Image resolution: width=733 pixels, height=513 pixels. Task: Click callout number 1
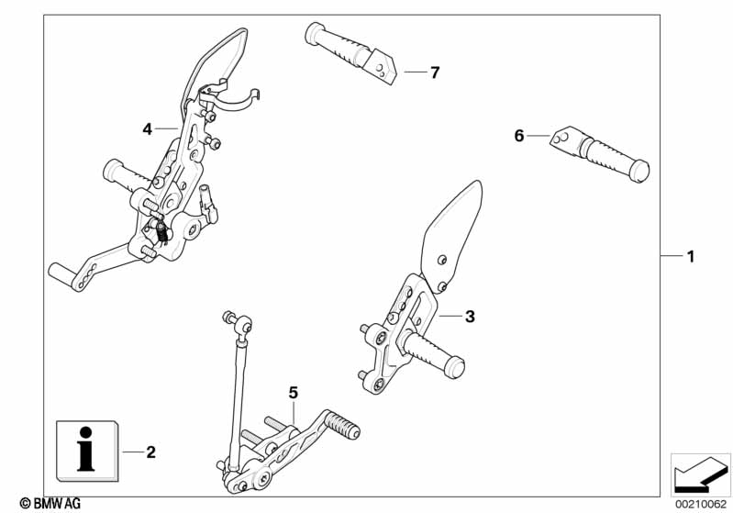[x=691, y=256]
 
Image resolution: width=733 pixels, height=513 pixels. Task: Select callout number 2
[x=150, y=452]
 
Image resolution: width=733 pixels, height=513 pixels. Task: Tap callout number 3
[x=470, y=317]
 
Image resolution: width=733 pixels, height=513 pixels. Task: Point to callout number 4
[x=148, y=129]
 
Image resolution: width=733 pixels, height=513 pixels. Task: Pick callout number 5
[x=293, y=393]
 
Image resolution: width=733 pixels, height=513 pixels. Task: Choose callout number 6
[x=519, y=136]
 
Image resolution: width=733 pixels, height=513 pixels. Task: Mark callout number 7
[x=435, y=72]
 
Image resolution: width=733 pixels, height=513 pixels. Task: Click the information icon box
[x=87, y=451]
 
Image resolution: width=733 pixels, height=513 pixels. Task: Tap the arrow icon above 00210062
[x=700, y=474]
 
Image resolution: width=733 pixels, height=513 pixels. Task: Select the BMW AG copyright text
[x=50, y=503]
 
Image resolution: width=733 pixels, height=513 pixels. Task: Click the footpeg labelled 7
[x=350, y=52]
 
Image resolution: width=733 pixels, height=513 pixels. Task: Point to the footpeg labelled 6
[x=600, y=153]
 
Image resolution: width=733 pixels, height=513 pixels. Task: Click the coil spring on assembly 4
[x=161, y=232]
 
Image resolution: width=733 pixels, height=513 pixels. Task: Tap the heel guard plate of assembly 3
[x=450, y=236]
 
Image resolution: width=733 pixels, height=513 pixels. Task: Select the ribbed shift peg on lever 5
[x=342, y=424]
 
